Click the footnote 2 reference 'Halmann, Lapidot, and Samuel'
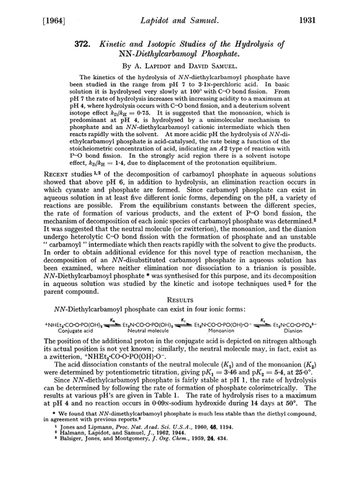(122, 470)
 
